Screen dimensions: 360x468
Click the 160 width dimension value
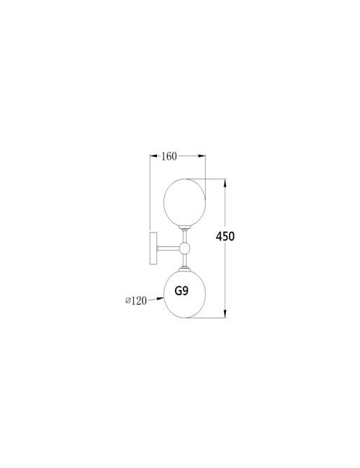click(x=169, y=156)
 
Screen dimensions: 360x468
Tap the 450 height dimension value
click(x=225, y=236)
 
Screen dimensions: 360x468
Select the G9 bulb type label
click(x=181, y=291)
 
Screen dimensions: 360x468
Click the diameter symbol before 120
click(x=128, y=301)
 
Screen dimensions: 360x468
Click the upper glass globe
click(x=185, y=202)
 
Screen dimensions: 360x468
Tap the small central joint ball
click(x=184, y=248)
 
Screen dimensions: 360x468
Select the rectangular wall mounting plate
click(x=153, y=247)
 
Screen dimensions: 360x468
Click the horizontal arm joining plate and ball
click(x=168, y=248)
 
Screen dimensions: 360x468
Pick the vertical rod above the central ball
click(x=185, y=236)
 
